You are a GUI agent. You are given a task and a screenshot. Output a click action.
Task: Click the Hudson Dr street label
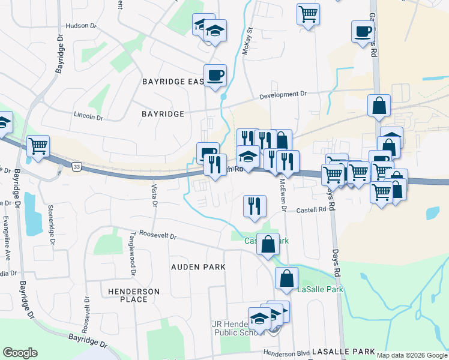click(80, 26)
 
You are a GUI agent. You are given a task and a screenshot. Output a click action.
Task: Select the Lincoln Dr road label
click(88, 116)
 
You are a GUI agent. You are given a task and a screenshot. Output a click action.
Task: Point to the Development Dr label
click(283, 95)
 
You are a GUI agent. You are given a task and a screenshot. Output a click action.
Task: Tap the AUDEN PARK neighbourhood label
click(198, 266)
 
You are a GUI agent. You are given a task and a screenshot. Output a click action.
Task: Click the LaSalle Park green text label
click(320, 290)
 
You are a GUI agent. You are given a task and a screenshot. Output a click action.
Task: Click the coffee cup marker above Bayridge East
click(215, 76)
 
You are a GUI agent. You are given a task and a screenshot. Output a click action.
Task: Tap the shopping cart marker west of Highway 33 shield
click(38, 145)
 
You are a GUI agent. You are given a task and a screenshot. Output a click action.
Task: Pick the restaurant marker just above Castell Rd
click(255, 205)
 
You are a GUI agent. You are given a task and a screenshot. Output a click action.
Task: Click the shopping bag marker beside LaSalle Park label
click(286, 277)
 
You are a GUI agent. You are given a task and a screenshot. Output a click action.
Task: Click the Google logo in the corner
click(20, 353)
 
